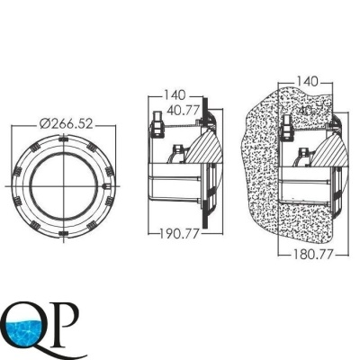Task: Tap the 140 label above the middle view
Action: click(x=176, y=93)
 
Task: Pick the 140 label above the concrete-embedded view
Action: click(x=308, y=81)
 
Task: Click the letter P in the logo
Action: click(x=66, y=320)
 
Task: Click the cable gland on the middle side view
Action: click(x=157, y=119)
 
